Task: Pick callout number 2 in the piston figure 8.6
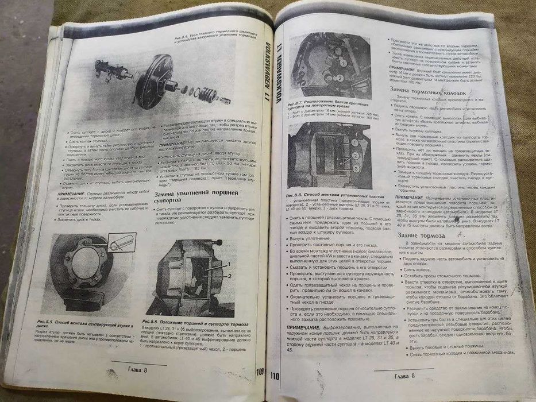(x=230, y=276)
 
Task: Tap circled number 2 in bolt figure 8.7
(x=340, y=78)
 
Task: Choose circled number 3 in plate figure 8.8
(x=357, y=168)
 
